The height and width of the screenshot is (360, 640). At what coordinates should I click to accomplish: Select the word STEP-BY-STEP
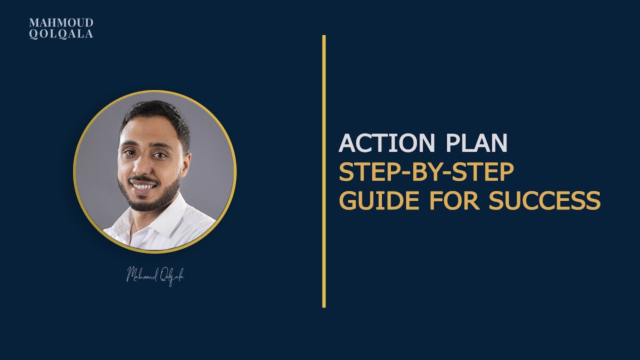426,172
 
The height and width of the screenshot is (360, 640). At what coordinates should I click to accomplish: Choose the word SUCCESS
544,200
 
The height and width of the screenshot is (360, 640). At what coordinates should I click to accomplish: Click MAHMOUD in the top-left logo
61,23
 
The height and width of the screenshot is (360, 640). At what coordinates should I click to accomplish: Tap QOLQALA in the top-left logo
61,34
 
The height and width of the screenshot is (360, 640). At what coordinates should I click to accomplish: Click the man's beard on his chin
145,202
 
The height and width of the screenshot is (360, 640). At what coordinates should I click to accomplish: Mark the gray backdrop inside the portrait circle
210,150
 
